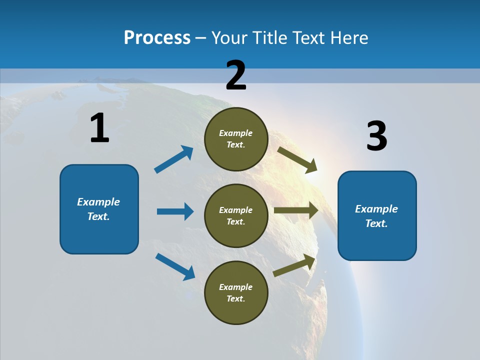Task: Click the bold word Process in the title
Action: pyautogui.click(x=157, y=37)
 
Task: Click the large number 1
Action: pyautogui.click(x=99, y=128)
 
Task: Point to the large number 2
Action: pyautogui.click(x=236, y=75)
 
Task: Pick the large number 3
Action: pyautogui.click(x=376, y=136)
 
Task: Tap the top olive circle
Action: pyautogui.click(x=236, y=139)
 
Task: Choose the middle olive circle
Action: pyautogui.click(x=236, y=216)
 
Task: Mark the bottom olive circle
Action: pyautogui.click(x=236, y=293)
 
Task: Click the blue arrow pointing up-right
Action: pyautogui.click(x=174, y=159)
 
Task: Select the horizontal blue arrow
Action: pyautogui.click(x=175, y=211)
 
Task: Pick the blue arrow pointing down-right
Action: pyautogui.click(x=175, y=266)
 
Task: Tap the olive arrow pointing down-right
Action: pyautogui.click(x=297, y=160)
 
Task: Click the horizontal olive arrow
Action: pyautogui.click(x=296, y=210)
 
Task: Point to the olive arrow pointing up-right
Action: pyautogui.click(x=294, y=265)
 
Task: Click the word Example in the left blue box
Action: pyautogui.click(x=98, y=202)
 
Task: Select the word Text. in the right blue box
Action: pyautogui.click(x=376, y=223)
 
